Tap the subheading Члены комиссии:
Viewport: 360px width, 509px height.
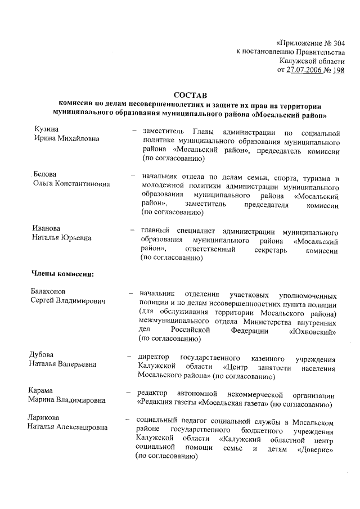coord(61,274)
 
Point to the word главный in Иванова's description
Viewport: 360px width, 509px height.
coord(155,231)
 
